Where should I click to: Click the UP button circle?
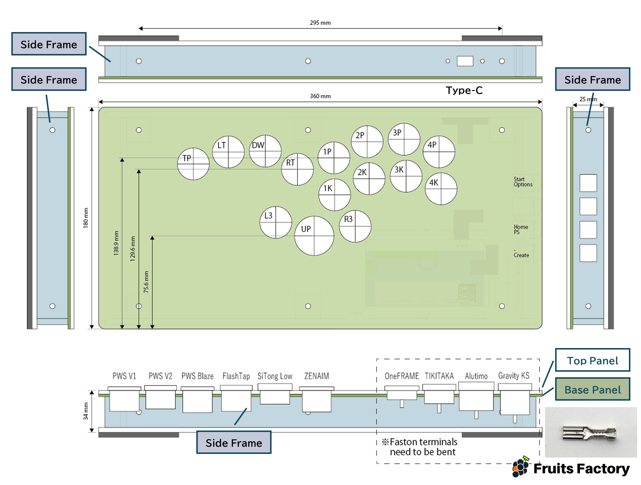[314, 236]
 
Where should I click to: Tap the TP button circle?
[193, 164]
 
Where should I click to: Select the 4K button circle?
[441, 189]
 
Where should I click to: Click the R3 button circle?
[355, 226]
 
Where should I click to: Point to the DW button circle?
[265, 151]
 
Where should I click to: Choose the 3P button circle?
[404, 139]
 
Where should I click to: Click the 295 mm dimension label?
[320, 23]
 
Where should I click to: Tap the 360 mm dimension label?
[320, 96]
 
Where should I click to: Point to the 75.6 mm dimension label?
[146, 282]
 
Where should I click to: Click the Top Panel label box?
[592, 360]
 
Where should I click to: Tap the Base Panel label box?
[592, 389]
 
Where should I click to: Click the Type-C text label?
[464, 90]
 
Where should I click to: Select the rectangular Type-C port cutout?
[465, 61]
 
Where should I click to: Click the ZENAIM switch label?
[317, 376]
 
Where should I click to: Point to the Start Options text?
[523, 182]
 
